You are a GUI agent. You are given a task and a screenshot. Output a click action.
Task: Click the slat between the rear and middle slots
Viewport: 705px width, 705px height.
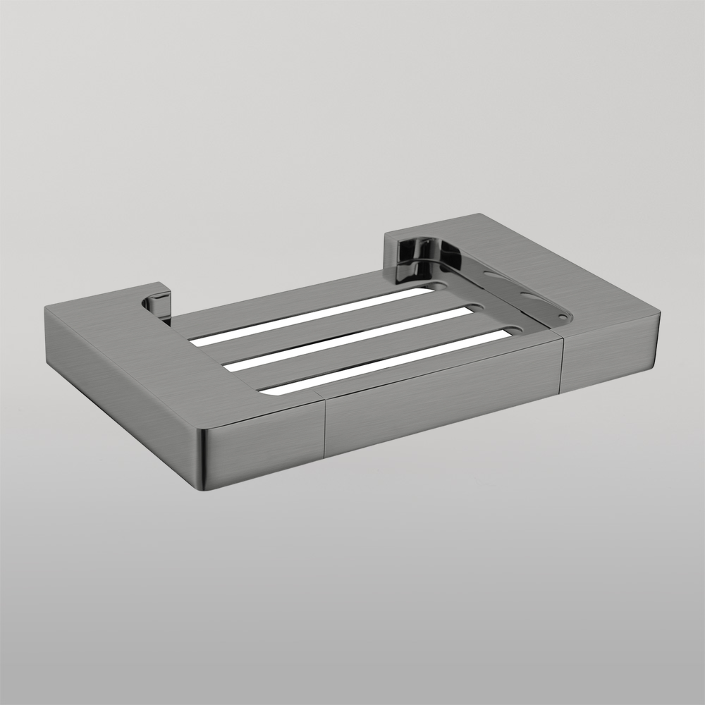[331, 329]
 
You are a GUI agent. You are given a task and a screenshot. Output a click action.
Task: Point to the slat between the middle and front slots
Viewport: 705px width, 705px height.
[367, 350]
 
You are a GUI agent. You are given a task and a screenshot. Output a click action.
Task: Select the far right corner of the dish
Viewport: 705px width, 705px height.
[662, 313]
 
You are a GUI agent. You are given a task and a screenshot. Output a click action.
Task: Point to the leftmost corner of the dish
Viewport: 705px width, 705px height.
[46, 309]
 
